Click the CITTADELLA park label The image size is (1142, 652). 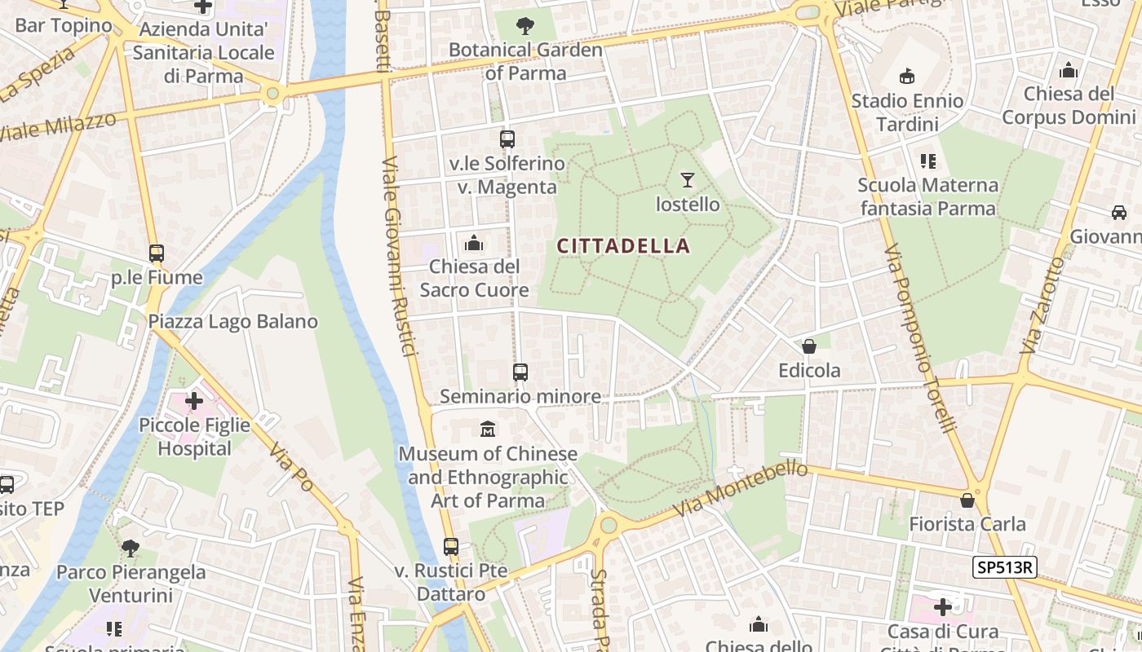624,245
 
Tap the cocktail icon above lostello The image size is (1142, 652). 688,180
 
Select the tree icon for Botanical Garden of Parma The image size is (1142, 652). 525,26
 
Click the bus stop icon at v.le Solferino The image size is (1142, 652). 507,139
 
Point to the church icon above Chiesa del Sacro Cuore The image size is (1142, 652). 474,243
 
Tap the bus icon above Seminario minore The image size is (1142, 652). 520,372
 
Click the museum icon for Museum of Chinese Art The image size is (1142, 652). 488,429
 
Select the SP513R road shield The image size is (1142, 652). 1004,567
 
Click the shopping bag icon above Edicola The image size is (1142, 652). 809,347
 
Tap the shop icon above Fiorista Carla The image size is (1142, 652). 967,500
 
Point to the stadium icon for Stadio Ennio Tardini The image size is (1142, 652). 907,77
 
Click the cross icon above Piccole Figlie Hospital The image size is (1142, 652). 194,401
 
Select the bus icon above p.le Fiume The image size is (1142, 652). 157,253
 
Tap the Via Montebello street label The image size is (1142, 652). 741,489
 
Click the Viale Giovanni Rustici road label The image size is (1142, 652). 400,257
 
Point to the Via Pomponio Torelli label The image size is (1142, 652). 919,338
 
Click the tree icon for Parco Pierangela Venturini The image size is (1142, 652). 130,548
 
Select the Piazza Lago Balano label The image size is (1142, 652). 232,322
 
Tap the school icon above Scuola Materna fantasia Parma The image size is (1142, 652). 927,161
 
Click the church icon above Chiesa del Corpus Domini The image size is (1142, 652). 1069,71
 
